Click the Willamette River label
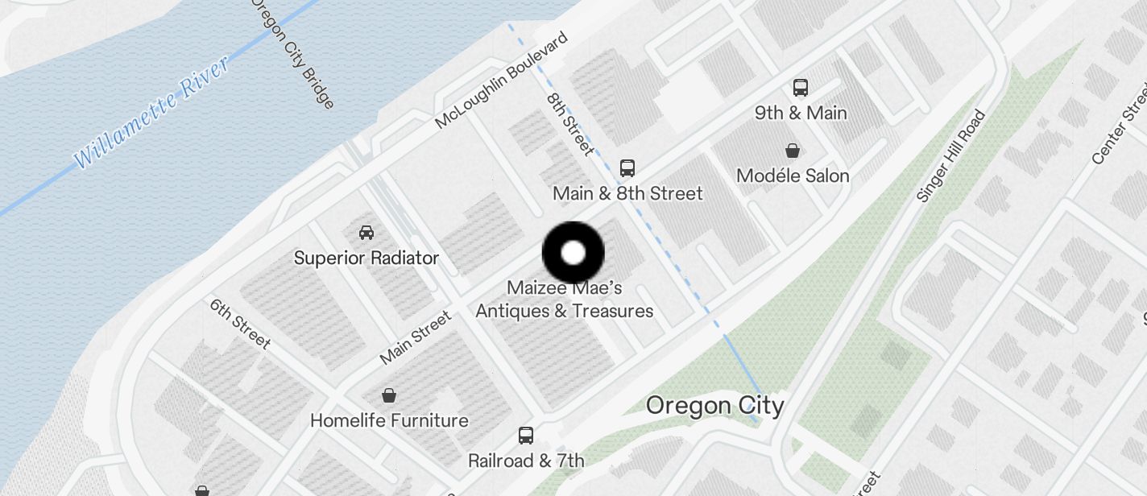coord(152,112)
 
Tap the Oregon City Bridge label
coord(292,53)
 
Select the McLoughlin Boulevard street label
coord(501,81)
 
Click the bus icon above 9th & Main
coord(800,88)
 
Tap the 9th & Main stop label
coord(801,113)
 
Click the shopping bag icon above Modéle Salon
coord(793,151)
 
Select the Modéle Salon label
coord(793,176)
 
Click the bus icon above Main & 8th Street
coord(627,168)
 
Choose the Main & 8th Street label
coord(627,193)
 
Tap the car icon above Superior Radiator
coord(366,233)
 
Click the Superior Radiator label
coord(366,258)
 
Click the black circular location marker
coord(573,253)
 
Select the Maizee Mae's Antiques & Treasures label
coord(564,299)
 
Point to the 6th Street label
coord(240,324)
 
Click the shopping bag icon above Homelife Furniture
coord(389,395)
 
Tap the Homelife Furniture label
coord(389,420)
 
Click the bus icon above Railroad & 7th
coord(526,436)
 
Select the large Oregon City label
coord(714,405)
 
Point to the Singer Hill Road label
coord(951,156)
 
